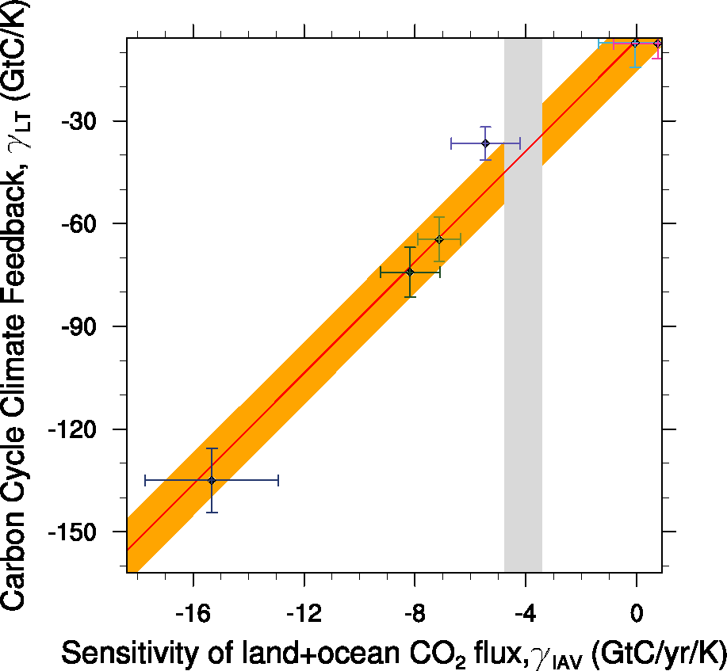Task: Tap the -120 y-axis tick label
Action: pyautogui.click(x=80, y=429)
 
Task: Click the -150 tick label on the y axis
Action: pyautogui.click(x=80, y=532)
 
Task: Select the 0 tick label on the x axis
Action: pyautogui.click(x=636, y=612)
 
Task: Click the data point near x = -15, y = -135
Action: pyautogui.click(x=212, y=480)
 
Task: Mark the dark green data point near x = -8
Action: pyautogui.click(x=410, y=272)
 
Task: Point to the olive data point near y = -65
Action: pyautogui.click(x=439, y=239)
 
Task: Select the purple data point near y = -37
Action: pyautogui.click(x=485, y=143)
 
